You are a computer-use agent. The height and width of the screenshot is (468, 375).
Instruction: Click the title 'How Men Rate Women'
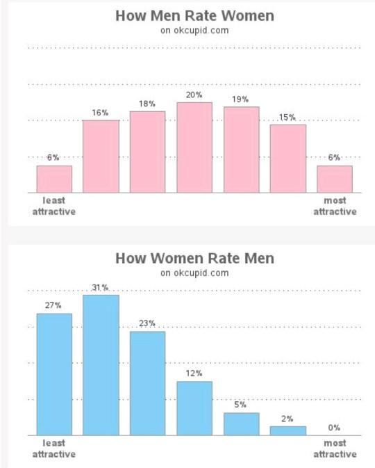194,15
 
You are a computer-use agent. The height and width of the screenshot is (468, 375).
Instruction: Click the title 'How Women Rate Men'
194,258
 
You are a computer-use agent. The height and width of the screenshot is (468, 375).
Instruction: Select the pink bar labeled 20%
194,147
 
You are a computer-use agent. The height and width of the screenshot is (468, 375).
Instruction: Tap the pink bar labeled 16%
101,156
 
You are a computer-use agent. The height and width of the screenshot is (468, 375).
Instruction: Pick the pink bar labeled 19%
241,150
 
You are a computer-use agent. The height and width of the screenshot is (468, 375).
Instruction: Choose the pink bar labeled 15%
288,159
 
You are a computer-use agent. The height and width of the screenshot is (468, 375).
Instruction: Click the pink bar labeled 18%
147,152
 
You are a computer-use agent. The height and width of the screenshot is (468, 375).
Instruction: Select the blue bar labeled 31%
101,365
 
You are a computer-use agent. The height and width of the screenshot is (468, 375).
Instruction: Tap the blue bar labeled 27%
54,374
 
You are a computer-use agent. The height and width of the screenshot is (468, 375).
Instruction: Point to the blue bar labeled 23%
147,383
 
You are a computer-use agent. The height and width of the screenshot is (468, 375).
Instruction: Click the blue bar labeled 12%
194,408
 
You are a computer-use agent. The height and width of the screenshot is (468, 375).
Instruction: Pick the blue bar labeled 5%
241,424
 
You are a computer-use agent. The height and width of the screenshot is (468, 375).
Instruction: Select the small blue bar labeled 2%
288,430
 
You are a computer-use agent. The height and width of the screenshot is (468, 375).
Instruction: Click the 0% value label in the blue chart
335,428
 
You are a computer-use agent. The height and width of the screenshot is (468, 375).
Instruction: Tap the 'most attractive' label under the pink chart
335,207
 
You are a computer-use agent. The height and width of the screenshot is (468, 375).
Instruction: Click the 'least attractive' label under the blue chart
54,449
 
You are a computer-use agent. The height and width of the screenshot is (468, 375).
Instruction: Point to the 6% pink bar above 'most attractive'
335,179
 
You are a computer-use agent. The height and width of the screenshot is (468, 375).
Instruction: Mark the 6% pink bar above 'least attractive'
54,179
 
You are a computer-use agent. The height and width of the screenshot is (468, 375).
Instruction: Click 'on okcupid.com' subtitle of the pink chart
194,30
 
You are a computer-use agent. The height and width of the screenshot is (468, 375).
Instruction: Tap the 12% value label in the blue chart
194,373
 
